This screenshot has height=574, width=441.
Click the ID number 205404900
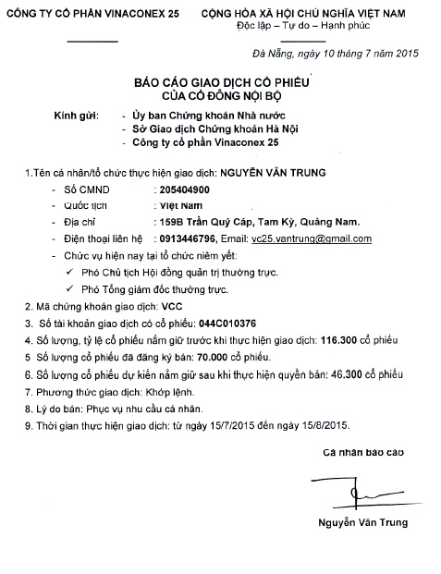pos(185,189)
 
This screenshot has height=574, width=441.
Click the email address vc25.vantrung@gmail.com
pos(314,238)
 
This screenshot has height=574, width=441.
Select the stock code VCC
pos(172,307)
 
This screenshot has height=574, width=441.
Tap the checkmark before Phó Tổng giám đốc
pos(70,289)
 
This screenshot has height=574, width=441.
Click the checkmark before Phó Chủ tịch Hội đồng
pos(70,273)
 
